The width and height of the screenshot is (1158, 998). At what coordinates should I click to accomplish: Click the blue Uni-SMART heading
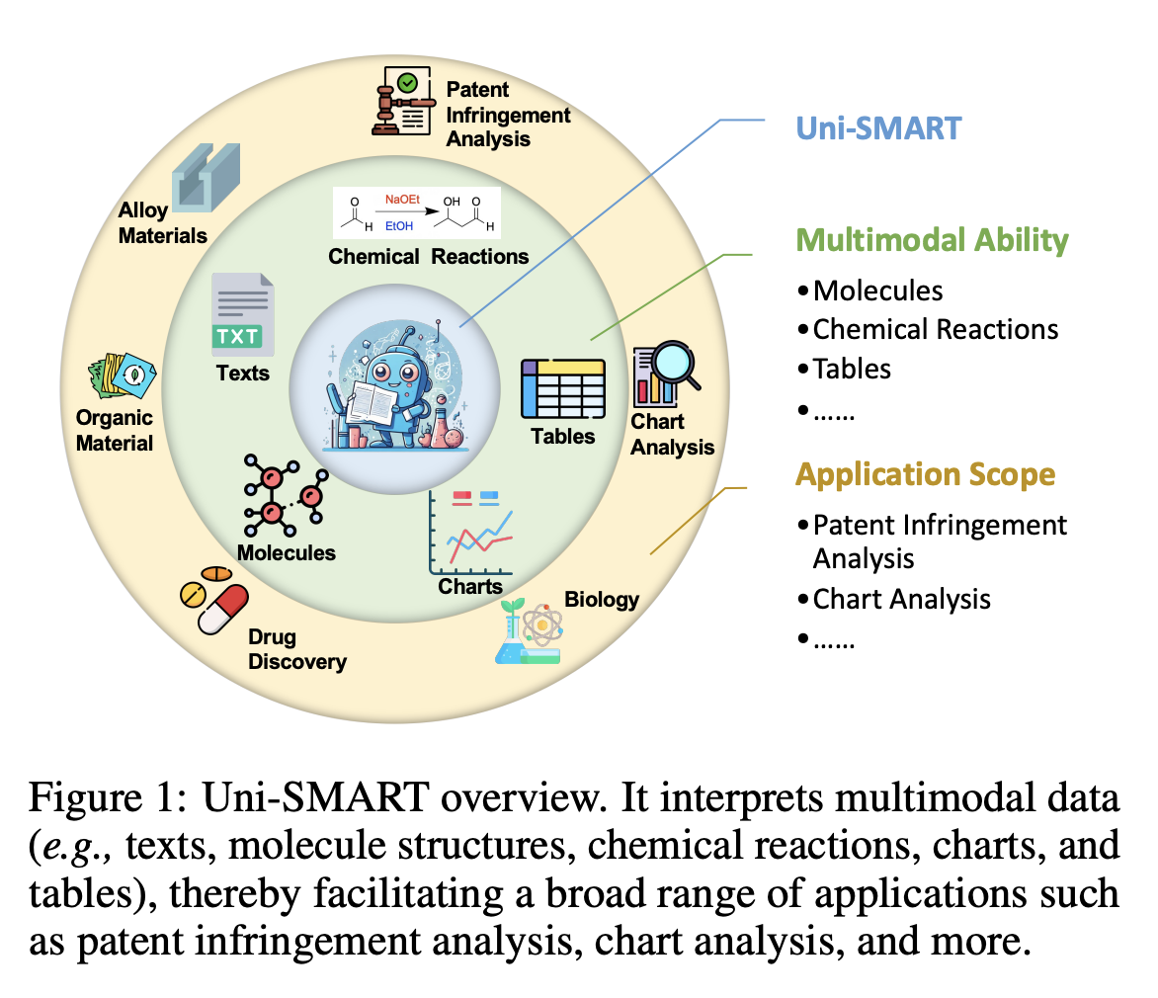[x=879, y=127]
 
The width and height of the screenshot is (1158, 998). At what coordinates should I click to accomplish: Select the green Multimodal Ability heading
[x=932, y=240]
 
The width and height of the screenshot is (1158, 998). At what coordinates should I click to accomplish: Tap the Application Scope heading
[x=925, y=474]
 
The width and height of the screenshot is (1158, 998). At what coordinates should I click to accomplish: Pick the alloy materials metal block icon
[x=206, y=176]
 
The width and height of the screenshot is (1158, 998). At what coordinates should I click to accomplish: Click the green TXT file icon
[x=242, y=315]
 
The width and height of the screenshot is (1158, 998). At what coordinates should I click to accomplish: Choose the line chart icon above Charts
[x=471, y=532]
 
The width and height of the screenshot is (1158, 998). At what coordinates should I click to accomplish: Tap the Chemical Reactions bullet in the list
[x=935, y=329]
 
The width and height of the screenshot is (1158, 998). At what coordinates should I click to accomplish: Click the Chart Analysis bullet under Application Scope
[x=901, y=599]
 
